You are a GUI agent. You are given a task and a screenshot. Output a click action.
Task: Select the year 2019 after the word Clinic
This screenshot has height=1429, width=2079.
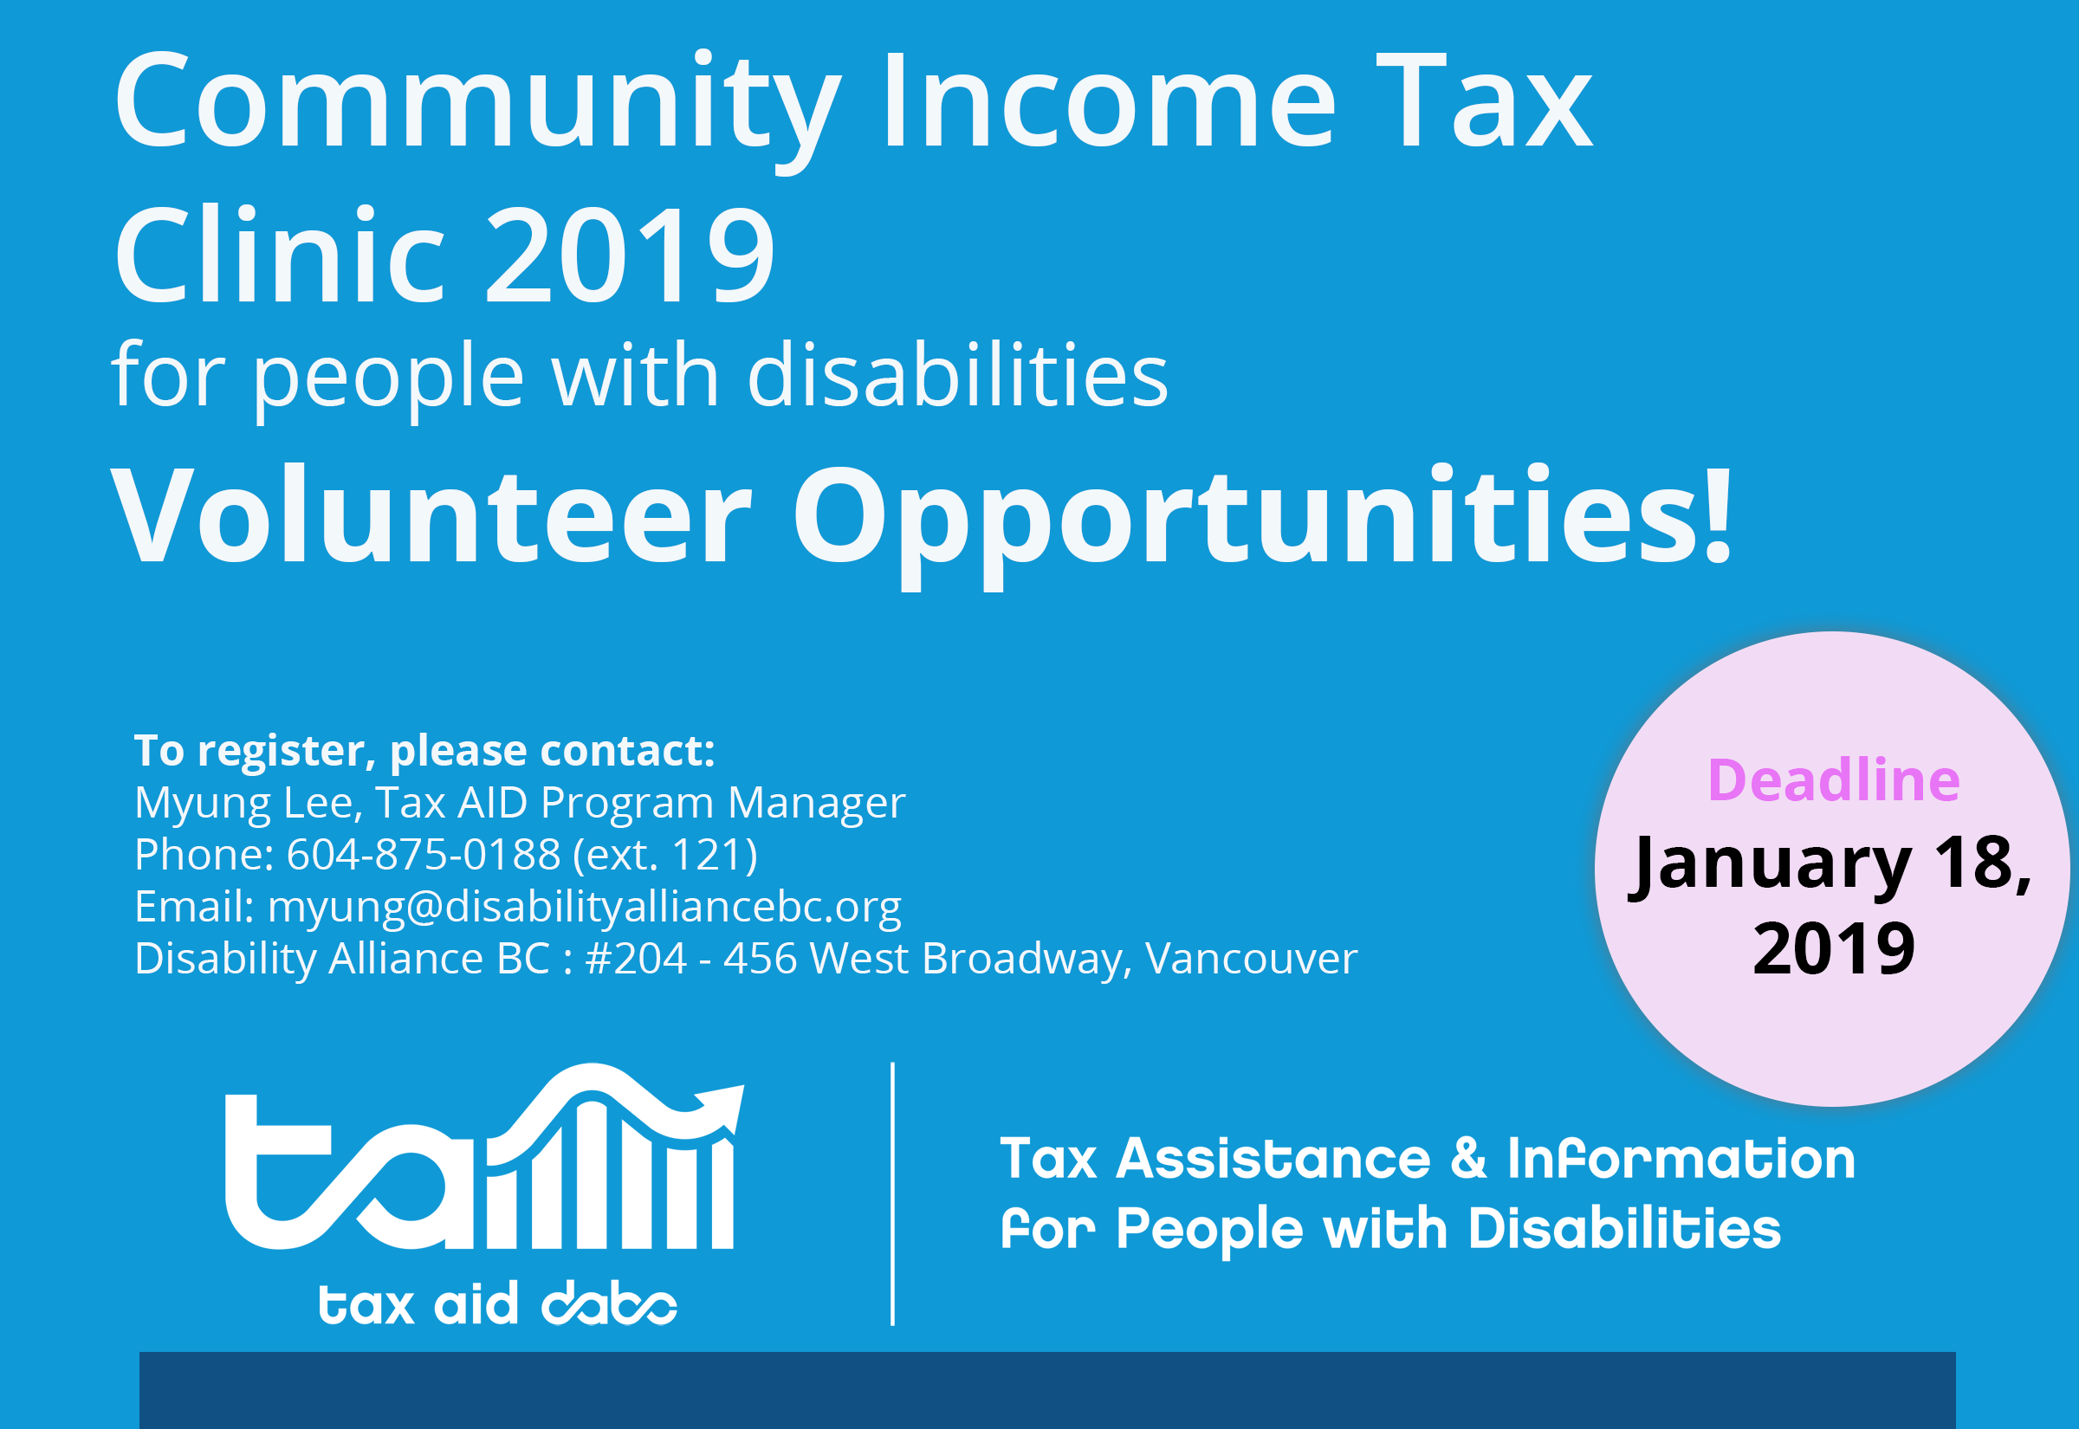coord(630,255)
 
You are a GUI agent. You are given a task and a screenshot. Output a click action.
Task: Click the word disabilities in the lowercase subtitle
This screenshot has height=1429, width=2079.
coord(957,376)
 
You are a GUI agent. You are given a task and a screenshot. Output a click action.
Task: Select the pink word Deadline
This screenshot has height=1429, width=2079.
coord(1834,779)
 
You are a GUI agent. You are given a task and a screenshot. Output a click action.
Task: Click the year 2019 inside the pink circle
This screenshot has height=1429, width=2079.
coord(1833,948)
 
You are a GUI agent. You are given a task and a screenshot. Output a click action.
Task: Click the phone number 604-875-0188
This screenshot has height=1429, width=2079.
coord(423,854)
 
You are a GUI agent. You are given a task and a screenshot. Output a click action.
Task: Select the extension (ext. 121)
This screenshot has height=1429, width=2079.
coord(665,854)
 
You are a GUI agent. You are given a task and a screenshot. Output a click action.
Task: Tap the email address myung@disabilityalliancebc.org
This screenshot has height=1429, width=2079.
coord(584,906)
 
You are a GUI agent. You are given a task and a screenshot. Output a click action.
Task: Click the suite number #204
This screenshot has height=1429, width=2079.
coord(636,958)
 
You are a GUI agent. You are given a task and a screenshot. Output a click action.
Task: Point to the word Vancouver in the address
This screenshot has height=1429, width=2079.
coord(1251,958)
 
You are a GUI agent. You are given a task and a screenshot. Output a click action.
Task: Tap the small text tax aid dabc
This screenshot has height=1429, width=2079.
coord(498,1303)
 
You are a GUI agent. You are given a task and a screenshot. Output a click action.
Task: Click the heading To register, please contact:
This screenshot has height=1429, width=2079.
coord(424,750)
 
